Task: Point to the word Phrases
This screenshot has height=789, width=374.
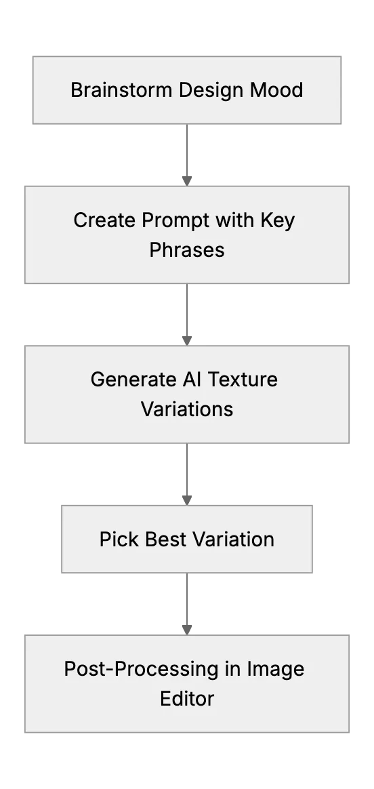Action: tap(187, 249)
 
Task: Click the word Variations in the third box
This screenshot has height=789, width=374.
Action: tap(187, 409)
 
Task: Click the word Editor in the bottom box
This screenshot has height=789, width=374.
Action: tap(187, 698)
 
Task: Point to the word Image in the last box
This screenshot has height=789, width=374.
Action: tap(275, 670)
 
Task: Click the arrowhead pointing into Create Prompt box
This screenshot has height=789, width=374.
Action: tap(187, 181)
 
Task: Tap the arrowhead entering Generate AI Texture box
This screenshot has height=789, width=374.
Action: tap(187, 341)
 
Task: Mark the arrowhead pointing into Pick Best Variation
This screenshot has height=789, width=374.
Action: tap(187, 500)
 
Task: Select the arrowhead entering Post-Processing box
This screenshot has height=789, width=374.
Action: tap(187, 630)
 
